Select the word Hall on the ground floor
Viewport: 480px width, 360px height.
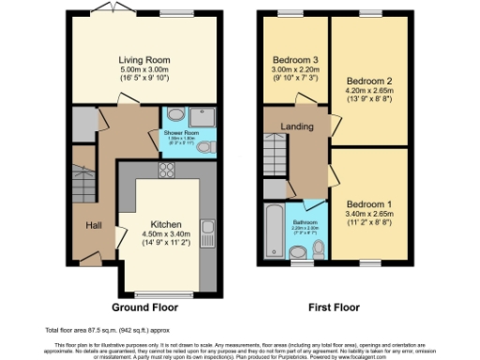(95, 226)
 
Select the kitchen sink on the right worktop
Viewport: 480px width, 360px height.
(208, 229)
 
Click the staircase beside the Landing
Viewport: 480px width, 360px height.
(276, 151)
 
